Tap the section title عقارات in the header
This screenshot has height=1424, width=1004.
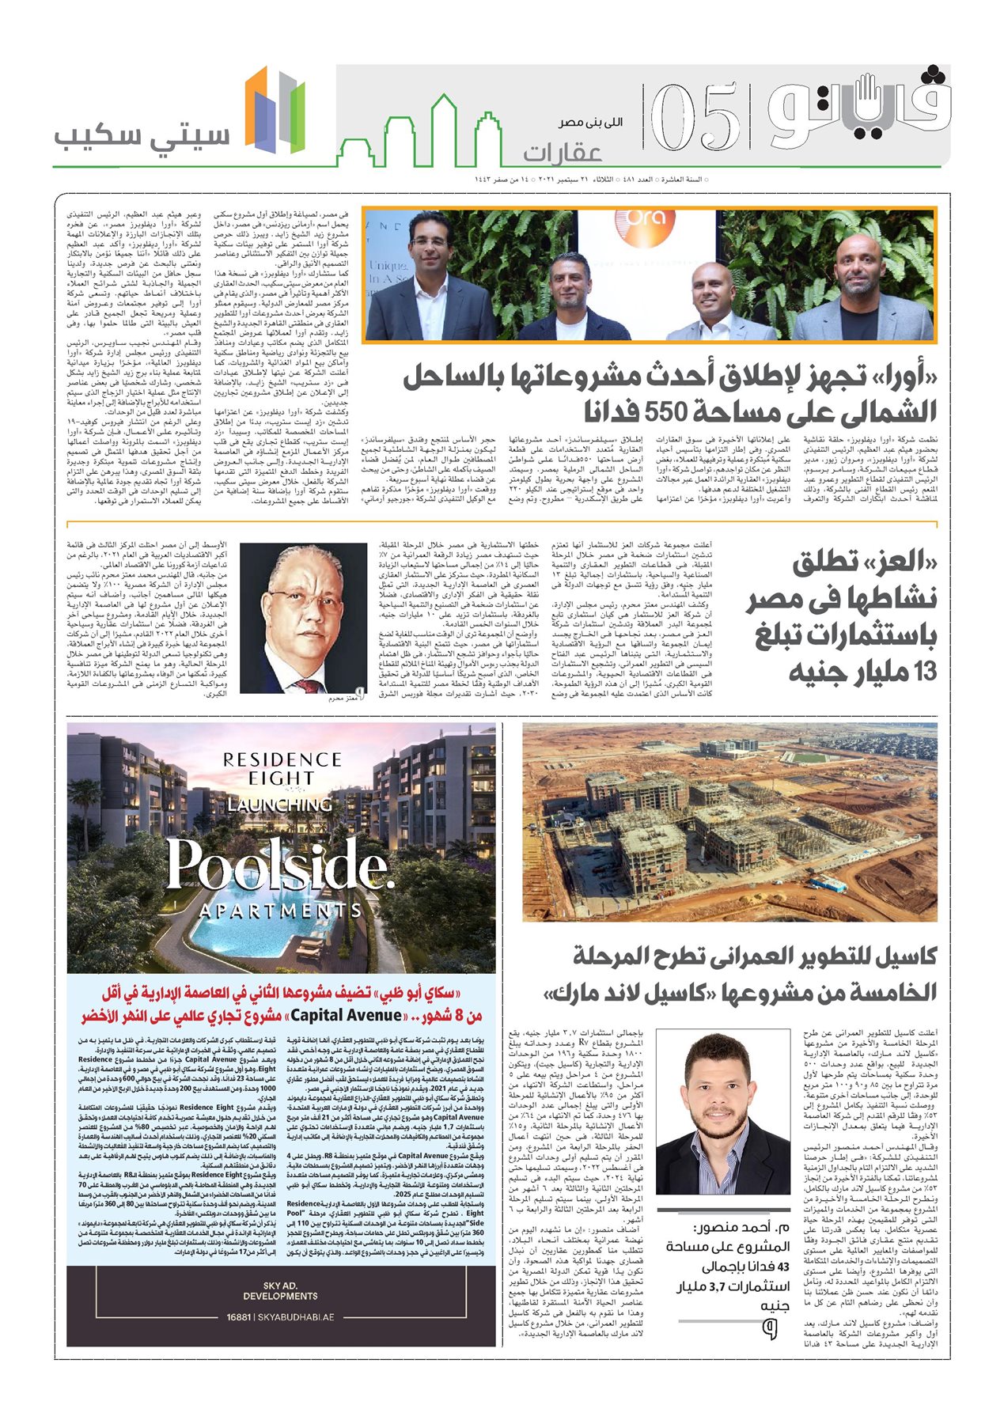[x=563, y=151]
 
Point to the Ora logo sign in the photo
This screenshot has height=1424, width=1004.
[x=646, y=224]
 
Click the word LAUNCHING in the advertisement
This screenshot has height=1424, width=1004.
[x=280, y=805]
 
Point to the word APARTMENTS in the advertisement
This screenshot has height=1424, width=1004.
[x=281, y=911]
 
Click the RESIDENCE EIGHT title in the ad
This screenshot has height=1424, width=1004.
[x=282, y=768]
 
